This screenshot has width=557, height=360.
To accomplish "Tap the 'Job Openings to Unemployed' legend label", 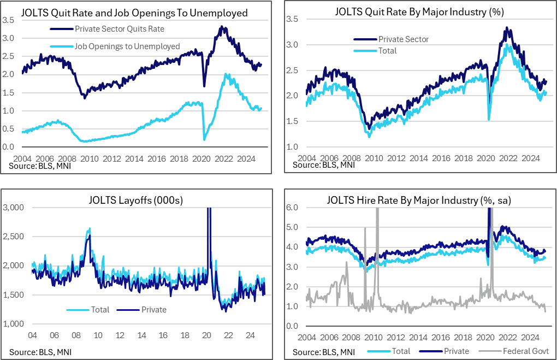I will tap(123, 46).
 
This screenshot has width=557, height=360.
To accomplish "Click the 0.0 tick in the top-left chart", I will tap(8, 147).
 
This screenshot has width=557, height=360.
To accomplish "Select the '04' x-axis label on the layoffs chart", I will tap(33, 335).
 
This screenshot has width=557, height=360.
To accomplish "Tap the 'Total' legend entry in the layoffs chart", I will tap(100, 310).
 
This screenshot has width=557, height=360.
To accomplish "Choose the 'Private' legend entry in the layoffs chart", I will tap(153, 310).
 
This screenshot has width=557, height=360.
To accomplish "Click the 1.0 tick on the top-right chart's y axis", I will tap(293, 147).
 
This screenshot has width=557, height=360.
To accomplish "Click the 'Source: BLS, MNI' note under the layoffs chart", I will tap(40, 351).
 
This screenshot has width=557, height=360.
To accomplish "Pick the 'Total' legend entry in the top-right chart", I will tap(387, 51).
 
